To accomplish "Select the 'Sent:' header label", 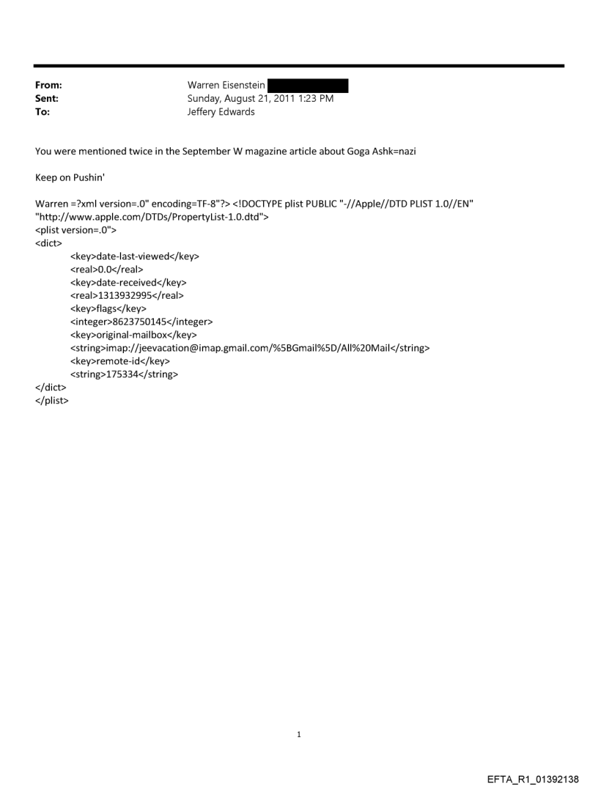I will pyautogui.click(x=47, y=99).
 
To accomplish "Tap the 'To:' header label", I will pyautogui.click(x=43, y=112).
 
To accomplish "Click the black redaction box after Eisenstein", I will pyautogui.click(x=307, y=86).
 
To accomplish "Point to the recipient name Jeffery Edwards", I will pyautogui.click(x=221, y=112).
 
